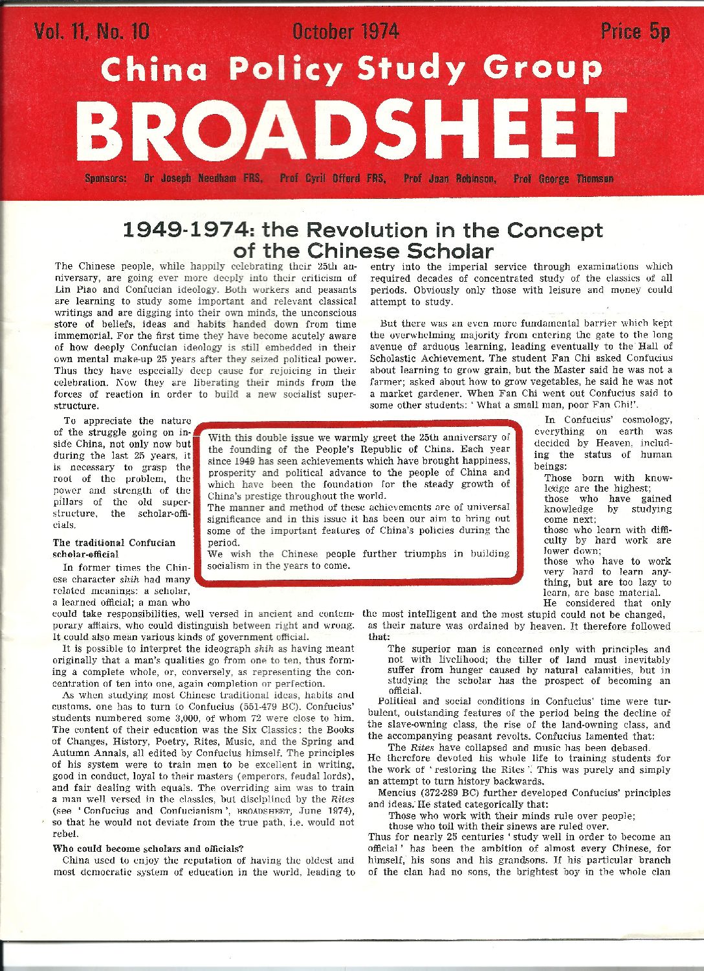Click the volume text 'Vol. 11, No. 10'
(x=93, y=31)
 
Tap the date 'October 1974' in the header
(x=346, y=31)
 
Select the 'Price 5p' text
(x=635, y=31)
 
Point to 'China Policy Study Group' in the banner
(x=351, y=69)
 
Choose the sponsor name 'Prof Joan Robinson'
(x=450, y=178)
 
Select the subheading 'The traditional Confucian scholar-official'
(x=114, y=548)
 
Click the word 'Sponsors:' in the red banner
(x=105, y=178)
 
